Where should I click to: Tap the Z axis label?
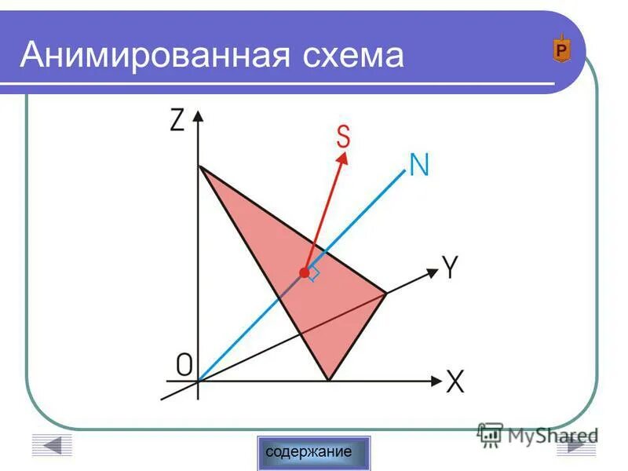tap(177, 119)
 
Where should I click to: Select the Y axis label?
tap(450, 269)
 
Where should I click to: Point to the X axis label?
tap(455, 383)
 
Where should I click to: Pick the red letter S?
tap(343, 137)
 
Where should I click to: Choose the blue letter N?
tap(418, 165)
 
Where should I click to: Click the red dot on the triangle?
tap(305, 272)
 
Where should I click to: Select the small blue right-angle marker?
tap(314, 274)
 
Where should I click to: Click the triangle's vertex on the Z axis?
tap(199, 166)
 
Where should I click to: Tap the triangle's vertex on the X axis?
tap(328, 380)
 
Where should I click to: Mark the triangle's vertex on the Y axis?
tap(386, 294)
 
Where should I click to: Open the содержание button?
tap(313, 452)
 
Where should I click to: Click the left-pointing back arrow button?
tap(52, 445)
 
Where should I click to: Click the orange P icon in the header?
tap(561, 50)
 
